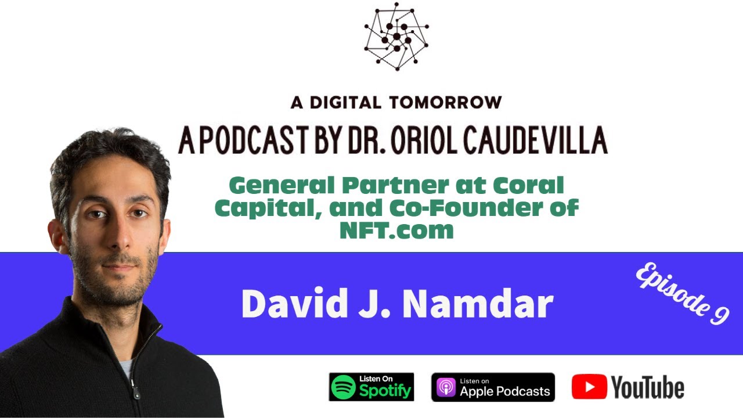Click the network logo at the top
pyautogui.click(x=396, y=37)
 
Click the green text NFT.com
pyautogui.click(x=396, y=230)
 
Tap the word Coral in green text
pyautogui.click(x=528, y=186)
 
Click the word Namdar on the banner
pyautogui.click(x=477, y=304)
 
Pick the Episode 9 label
pyautogui.click(x=683, y=295)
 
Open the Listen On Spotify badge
pyautogui.click(x=371, y=387)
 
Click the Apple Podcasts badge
pyautogui.click(x=493, y=387)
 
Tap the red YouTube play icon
pyautogui.click(x=589, y=387)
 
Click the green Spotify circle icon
pyautogui.click(x=344, y=387)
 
